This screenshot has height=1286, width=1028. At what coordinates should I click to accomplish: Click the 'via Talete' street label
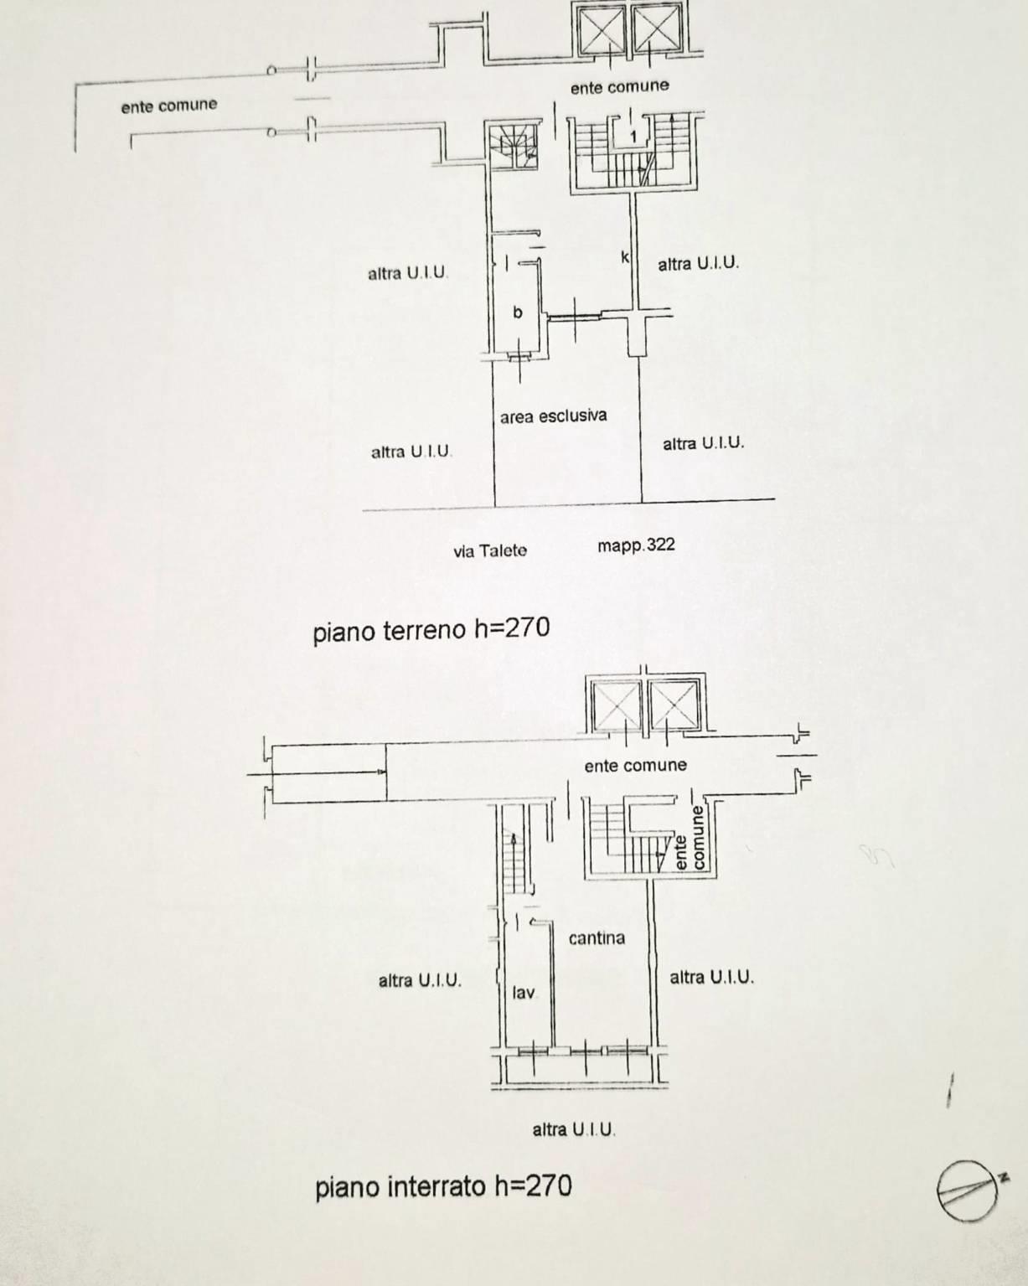(490, 550)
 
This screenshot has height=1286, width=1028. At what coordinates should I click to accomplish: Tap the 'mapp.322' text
(636, 545)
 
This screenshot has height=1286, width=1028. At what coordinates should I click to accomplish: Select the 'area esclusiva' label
(554, 416)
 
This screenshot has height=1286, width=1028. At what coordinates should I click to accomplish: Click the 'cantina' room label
(597, 938)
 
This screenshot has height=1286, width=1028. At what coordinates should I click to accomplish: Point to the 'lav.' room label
(524, 993)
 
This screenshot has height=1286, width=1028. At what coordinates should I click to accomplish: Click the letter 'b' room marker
(518, 312)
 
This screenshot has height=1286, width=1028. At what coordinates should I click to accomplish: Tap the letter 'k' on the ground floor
(624, 257)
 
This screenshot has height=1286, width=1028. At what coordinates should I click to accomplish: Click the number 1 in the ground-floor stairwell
(633, 137)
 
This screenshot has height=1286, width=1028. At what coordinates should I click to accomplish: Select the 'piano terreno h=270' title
(431, 629)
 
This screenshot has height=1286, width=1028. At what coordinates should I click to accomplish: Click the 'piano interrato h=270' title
(443, 1186)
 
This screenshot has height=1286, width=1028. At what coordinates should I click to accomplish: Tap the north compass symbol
(969, 1190)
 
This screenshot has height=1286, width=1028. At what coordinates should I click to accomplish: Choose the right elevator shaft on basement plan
(674, 705)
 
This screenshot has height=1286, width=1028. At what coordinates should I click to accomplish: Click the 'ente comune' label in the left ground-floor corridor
(168, 106)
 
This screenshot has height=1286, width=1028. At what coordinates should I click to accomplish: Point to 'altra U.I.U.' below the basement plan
(574, 1129)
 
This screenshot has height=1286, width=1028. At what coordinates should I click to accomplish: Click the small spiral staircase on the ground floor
(513, 147)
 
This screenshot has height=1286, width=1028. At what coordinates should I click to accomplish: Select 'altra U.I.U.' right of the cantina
(711, 977)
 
